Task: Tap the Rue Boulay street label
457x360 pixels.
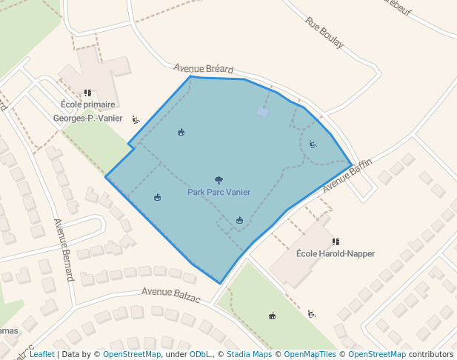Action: (x=324, y=33)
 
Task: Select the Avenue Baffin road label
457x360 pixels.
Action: (x=347, y=175)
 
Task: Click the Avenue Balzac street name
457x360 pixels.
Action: (x=171, y=293)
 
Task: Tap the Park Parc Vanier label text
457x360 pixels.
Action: (x=219, y=193)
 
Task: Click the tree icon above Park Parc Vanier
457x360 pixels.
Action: (x=219, y=180)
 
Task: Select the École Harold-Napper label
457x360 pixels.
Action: (x=335, y=253)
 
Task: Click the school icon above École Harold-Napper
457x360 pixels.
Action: (x=336, y=241)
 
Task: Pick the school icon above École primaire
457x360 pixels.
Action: (x=87, y=93)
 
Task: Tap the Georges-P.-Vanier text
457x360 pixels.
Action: (x=87, y=118)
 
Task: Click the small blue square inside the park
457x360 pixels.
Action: (x=262, y=112)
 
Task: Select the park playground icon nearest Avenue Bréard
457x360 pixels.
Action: (x=181, y=133)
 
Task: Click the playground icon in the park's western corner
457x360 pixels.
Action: (x=157, y=197)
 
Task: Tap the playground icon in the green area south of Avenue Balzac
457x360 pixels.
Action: (x=272, y=316)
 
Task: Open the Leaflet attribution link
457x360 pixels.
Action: (x=41, y=355)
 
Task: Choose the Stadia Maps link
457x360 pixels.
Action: (x=249, y=355)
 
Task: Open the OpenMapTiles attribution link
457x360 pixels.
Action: (x=310, y=355)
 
